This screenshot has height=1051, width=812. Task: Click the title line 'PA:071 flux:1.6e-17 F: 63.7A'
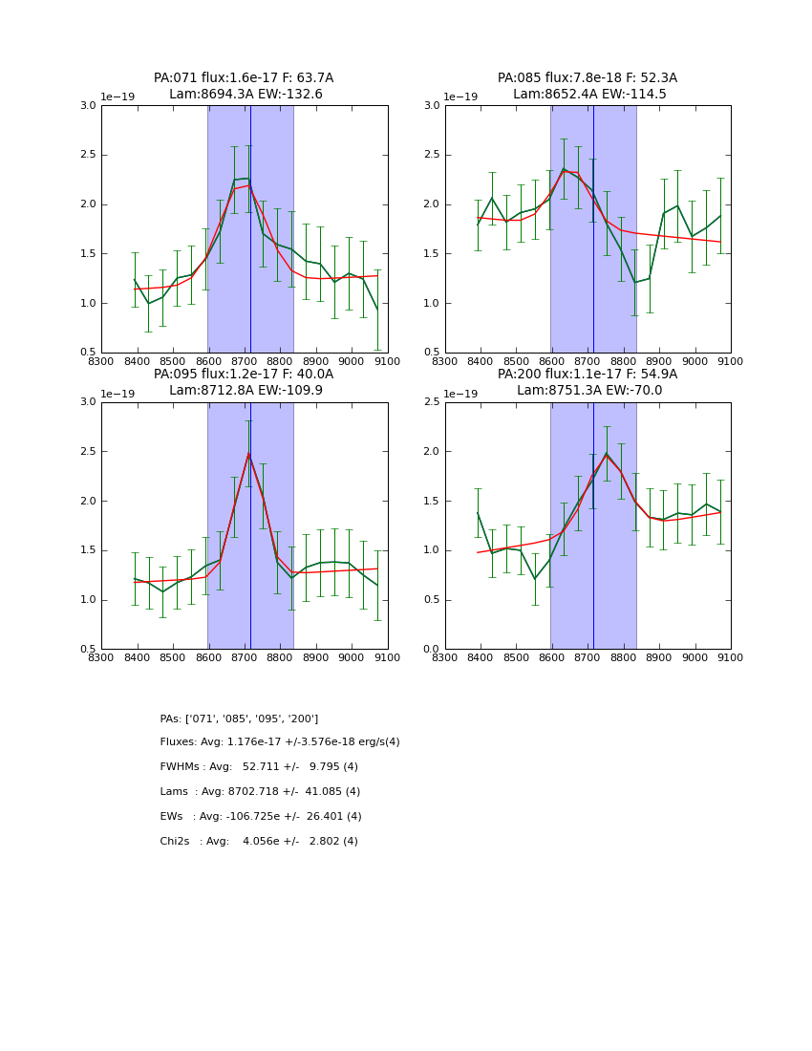pyautogui.click(x=244, y=78)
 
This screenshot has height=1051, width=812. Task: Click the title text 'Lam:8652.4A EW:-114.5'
pyautogui.click(x=588, y=95)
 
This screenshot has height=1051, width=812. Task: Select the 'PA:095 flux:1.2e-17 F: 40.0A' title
pyautogui.click(x=244, y=375)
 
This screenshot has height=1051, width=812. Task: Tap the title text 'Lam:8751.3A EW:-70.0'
pyautogui.click(x=588, y=391)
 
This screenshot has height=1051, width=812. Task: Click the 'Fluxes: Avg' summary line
pyautogui.click(x=280, y=742)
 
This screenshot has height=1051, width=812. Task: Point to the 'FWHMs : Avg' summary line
pyautogui.click(x=259, y=767)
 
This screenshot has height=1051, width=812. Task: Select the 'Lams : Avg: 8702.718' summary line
pyautogui.click(x=260, y=792)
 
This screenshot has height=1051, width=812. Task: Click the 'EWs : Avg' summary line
pyautogui.click(x=261, y=817)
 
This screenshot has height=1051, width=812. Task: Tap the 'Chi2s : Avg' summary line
pyautogui.click(x=259, y=842)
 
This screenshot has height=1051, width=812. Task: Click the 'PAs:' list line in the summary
pyautogui.click(x=239, y=719)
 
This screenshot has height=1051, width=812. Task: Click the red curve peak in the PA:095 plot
pyautogui.click(x=248, y=453)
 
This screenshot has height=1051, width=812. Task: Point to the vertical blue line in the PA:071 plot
pyautogui.click(x=250, y=229)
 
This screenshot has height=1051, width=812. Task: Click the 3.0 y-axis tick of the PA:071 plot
pyautogui.click(x=88, y=106)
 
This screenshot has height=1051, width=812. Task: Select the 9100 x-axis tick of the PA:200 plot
pyautogui.click(x=731, y=657)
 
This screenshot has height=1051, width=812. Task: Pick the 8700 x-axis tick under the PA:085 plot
pyautogui.click(x=588, y=361)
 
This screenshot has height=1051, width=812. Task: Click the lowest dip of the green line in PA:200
pyautogui.click(x=535, y=579)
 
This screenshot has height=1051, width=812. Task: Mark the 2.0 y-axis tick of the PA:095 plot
pyautogui.click(x=88, y=502)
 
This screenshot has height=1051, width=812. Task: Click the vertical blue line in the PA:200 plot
pyautogui.click(x=593, y=525)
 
